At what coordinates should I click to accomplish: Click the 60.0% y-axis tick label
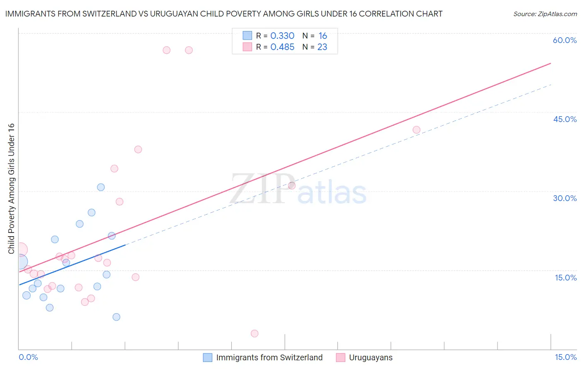pyautogui.click(x=565, y=40)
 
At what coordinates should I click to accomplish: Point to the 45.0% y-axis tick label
pyautogui.click(x=565, y=119)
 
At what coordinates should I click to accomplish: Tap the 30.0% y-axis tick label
pyautogui.click(x=565, y=198)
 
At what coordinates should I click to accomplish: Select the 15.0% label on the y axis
pyautogui.click(x=565, y=278)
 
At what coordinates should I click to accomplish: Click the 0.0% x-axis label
pyautogui.click(x=28, y=357)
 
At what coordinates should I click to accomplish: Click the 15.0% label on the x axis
pyautogui.click(x=565, y=357)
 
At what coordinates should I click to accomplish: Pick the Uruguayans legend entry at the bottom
pyautogui.click(x=370, y=357)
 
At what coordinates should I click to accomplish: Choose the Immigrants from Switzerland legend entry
pyautogui.click(x=269, y=357)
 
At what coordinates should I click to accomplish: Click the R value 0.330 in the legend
pyautogui.click(x=282, y=36)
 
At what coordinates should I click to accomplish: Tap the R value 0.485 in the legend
pyautogui.click(x=282, y=47)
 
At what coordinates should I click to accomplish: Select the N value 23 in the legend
pyautogui.click(x=322, y=47)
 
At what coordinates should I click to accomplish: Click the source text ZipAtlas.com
pyautogui.click(x=545, y=14)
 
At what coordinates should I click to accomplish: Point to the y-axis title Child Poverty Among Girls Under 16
pyautogui.click(x=11, y=189)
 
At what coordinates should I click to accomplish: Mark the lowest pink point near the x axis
pyautogui.click(x=255, y=333)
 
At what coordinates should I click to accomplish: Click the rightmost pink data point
pyautogui.click(x=416, y=130)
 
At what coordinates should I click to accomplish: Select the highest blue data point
pyautogui.click(x=101, y=187)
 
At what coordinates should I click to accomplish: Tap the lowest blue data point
pyautogui.click(x=116, y=317)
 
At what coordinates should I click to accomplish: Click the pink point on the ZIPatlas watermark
pyautogui.click(x=292, y=185)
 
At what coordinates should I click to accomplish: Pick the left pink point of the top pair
pyautogui.click(x=166, y=50)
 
